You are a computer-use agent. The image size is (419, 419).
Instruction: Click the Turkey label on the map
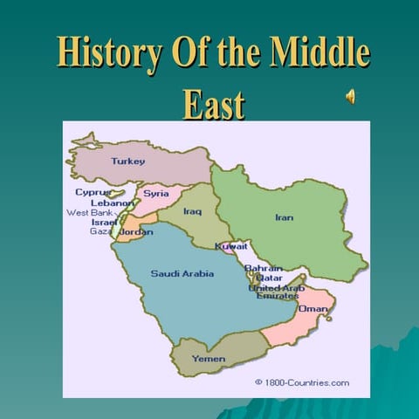(x=127, y=161)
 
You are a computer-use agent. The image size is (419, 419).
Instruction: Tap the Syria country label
(x=156, y=193)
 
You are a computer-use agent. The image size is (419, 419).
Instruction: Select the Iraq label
(x=192, y=211)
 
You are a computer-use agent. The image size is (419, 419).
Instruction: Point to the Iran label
(x=284, y=217)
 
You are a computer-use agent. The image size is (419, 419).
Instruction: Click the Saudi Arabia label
(x=182, y=273)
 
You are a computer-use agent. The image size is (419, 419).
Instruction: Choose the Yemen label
(x=208, y=359)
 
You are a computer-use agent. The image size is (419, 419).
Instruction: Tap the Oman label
(x=313, y=309)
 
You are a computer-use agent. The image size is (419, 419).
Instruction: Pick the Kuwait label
(x=231, y=246)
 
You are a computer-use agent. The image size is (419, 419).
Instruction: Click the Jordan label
(x=135, y=232)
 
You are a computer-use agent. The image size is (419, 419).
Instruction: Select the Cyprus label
(x=93, y=192)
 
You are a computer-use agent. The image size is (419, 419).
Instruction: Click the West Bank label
(x=89, y=213)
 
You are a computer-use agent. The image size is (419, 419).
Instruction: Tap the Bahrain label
(x=263, y=268)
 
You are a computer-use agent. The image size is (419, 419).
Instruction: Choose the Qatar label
(x=268, y=278)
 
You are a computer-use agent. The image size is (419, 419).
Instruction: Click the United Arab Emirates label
(x=277, y=292)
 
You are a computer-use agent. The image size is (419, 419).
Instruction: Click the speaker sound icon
(x=350, y=97)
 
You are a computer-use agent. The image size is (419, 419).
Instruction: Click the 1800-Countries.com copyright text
(x=302, y=382)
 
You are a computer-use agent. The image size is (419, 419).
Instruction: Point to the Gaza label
(x=100, y=231)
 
